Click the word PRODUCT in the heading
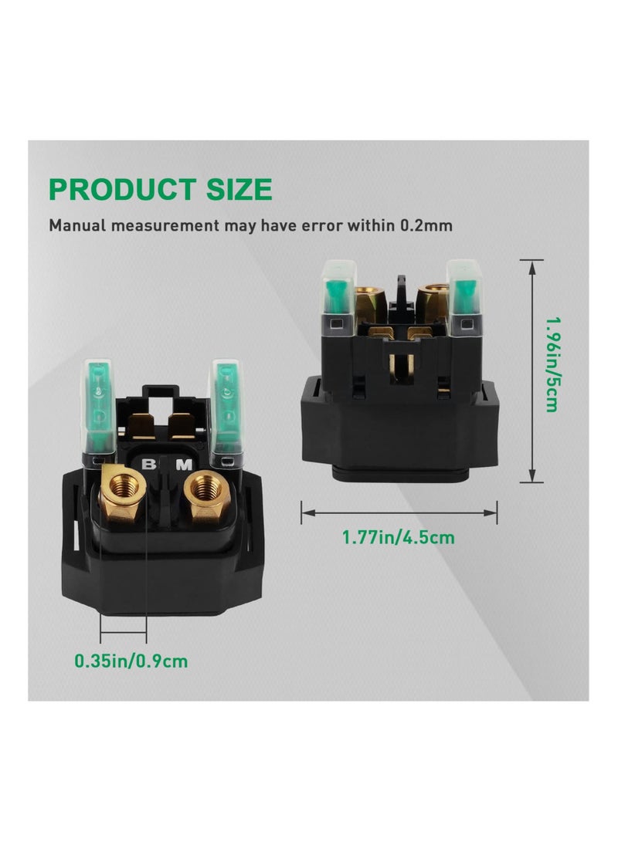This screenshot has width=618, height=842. [122, 189]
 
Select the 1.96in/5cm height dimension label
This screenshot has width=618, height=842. [552, 364]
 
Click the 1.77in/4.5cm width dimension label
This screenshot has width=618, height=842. [398, 537]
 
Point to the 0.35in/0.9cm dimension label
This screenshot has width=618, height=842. [131, 661]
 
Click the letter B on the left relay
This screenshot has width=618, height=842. [148, 463]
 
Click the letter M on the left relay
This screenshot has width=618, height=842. [183, 465]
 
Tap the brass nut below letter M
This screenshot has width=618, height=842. [204, 495]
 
